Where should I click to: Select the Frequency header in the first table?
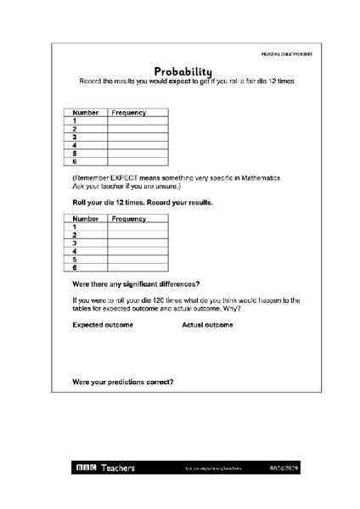pos(128,112)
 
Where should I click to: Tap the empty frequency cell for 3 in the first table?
pos(138,136)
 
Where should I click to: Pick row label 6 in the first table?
pos(75,160)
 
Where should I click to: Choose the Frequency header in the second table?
pos(128,218)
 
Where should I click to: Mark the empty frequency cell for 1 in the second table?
pos(138,227)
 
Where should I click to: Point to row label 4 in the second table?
pos(75,251)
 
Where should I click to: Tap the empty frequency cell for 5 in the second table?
pos(138,259)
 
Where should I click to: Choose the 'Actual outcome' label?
pos(207,325)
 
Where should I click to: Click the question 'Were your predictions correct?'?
pos(123,382)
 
